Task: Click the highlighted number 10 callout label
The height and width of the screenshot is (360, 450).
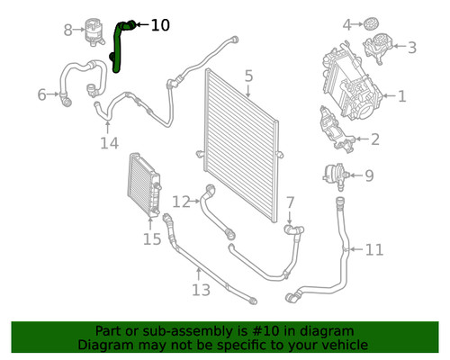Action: (x=159, y=25)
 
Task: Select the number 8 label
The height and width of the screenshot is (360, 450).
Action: (x=67, y=31)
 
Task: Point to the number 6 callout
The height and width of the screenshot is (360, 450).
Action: (x=41, y=94)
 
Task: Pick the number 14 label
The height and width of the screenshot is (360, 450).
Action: (x=109, y=143)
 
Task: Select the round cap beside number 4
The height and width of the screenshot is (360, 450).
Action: (x=370, y=22)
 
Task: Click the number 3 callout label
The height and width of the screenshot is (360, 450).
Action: (x=411, y=48)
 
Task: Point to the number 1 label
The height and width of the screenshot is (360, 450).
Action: (x=402, y=94)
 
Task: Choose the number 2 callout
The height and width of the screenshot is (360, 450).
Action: (x=374, y=139)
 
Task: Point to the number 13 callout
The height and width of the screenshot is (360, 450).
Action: (x=200, y=289)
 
